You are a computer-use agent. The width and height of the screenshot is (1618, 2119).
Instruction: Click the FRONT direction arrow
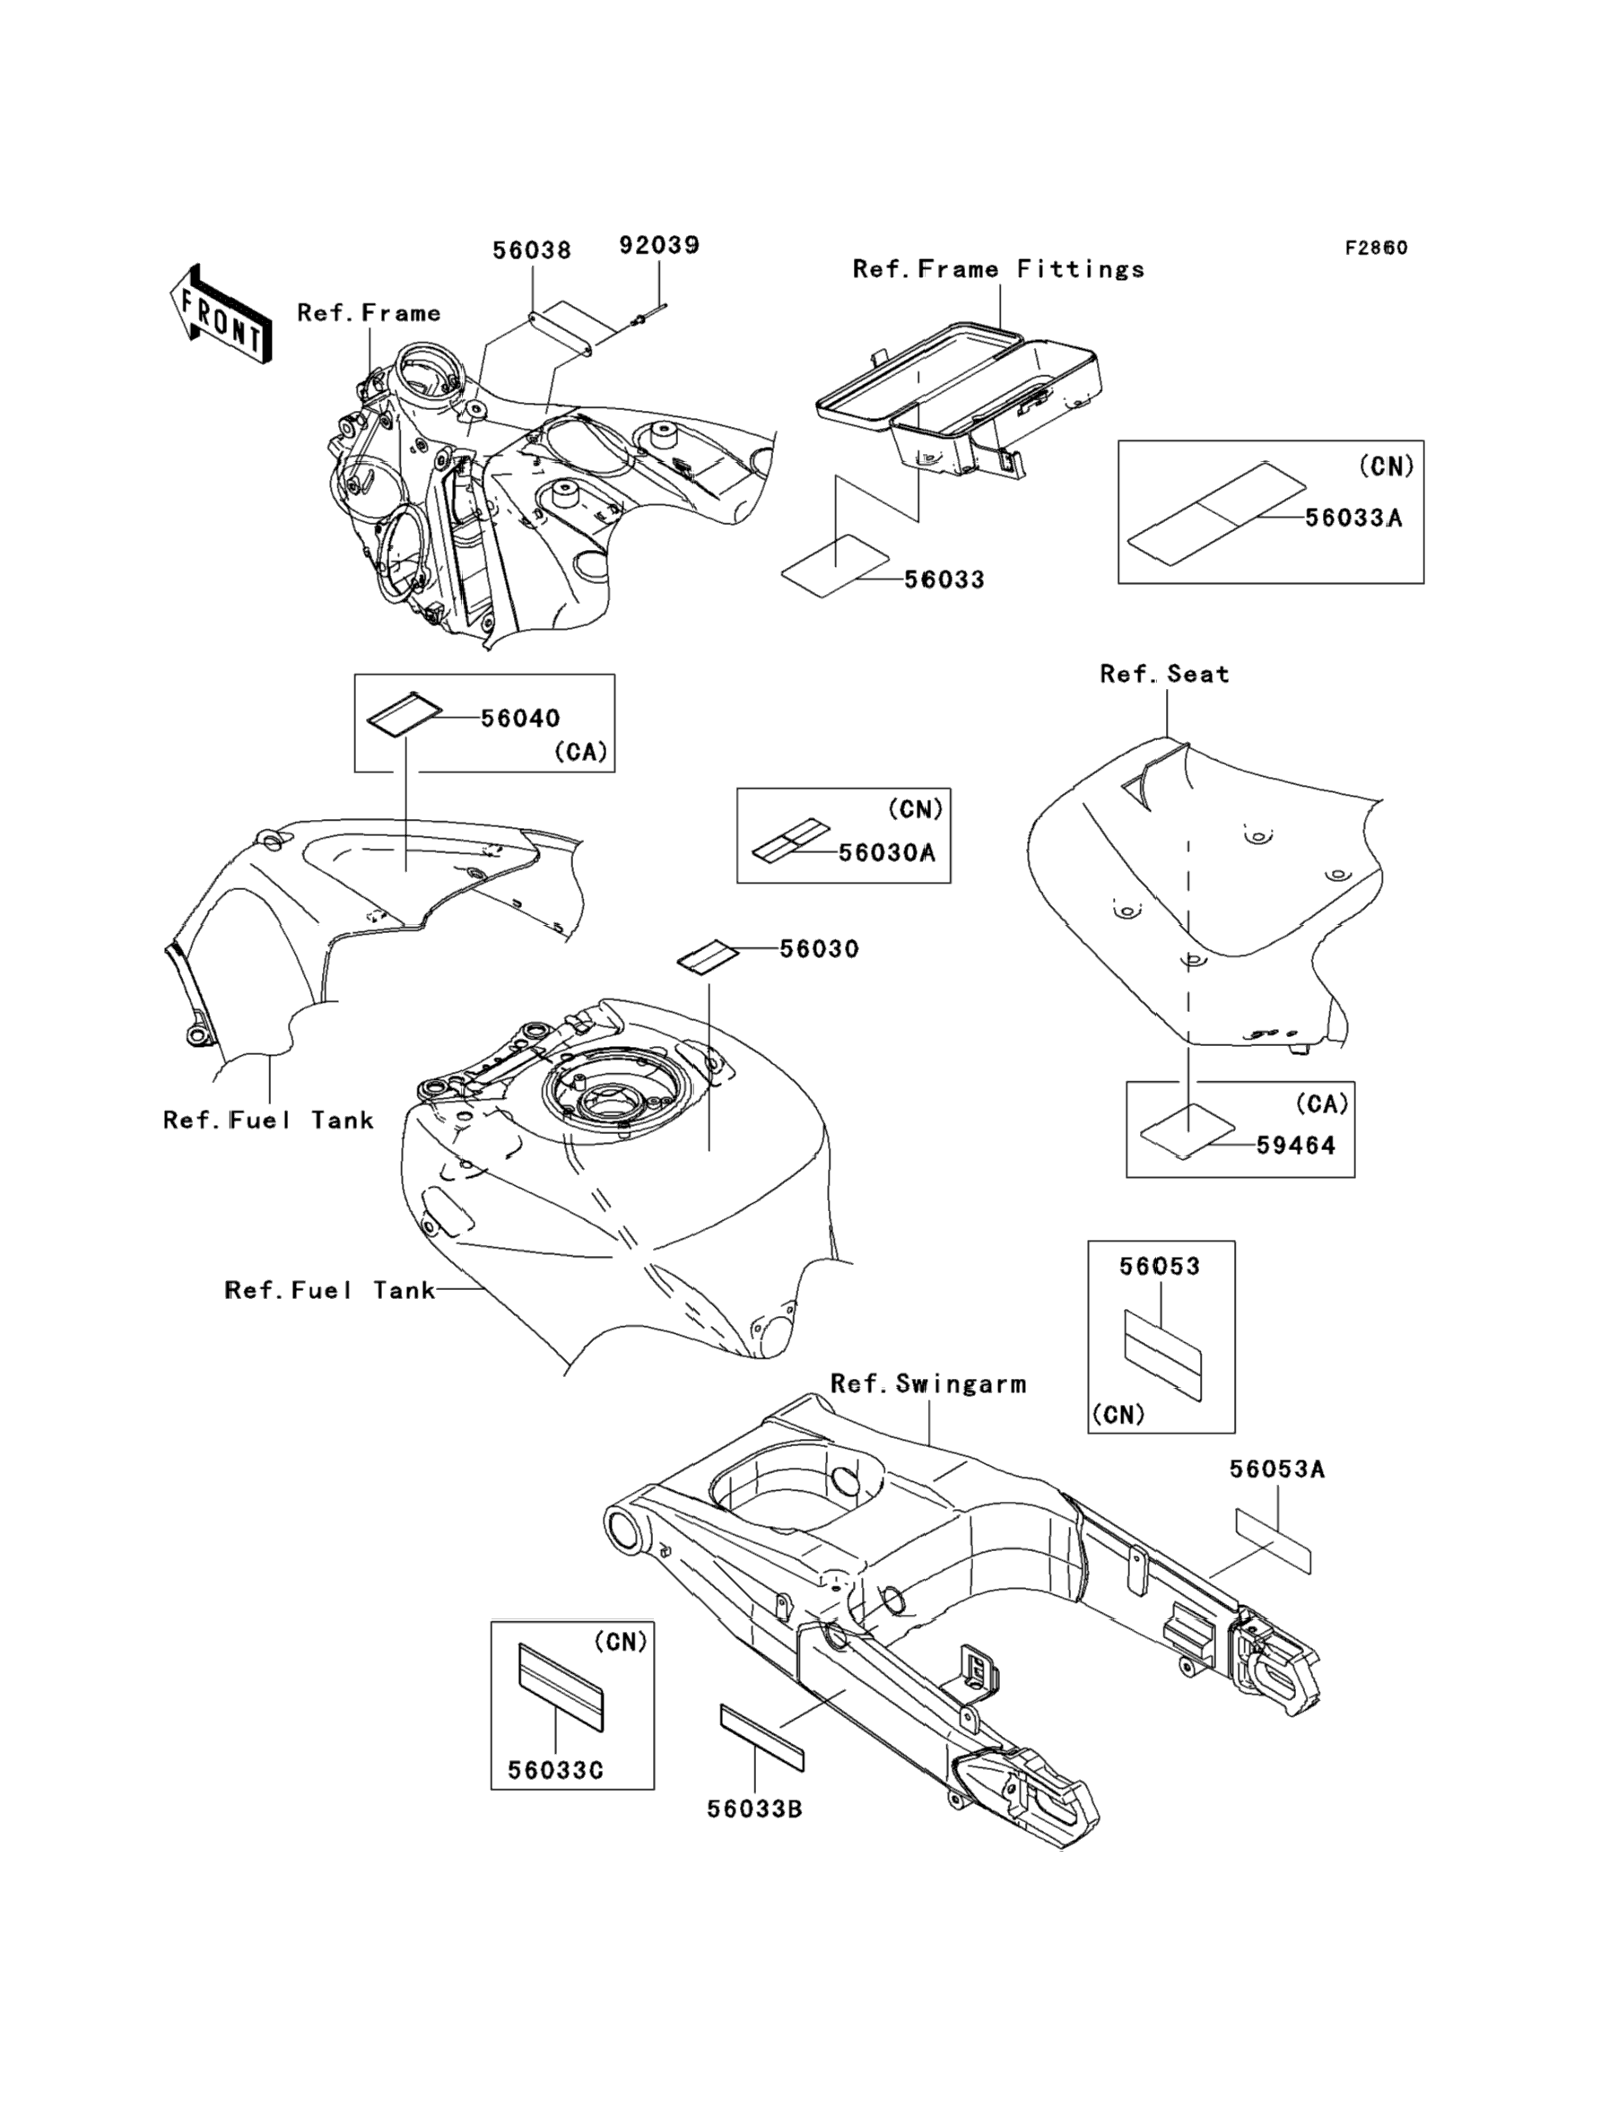coord(220,314)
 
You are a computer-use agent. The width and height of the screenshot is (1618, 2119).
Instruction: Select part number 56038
coord(532,250)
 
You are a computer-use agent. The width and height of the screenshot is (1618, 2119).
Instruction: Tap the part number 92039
coord(658,246)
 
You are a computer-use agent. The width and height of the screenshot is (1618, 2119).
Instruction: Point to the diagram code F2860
coord(1376,248)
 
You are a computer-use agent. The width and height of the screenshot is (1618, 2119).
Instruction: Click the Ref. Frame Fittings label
coord(999,269)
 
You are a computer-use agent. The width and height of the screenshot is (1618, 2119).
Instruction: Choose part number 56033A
coord(1353,519)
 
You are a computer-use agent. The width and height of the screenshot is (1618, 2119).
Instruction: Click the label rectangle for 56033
coord(835,566)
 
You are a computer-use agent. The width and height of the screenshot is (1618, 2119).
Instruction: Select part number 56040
coord(520,718)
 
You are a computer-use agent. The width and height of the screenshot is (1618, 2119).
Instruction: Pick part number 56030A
coord(887,852)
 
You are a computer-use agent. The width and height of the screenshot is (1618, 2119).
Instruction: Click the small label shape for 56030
coord(708,958)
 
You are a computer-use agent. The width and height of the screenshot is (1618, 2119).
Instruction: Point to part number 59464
coord(1295,1146)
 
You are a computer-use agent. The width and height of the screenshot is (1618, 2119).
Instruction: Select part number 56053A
coord(1277,1469)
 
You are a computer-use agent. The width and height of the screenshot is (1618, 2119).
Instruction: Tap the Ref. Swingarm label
coord(928,1384)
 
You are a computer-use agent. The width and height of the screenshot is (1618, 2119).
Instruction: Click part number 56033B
coord(755,1809)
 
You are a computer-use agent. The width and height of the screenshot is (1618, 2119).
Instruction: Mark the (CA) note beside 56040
coord(581,753)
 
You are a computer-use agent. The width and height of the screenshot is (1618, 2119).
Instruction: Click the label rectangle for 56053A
coord(1274,1541)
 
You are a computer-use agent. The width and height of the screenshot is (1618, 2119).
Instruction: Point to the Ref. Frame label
coord(369,313)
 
